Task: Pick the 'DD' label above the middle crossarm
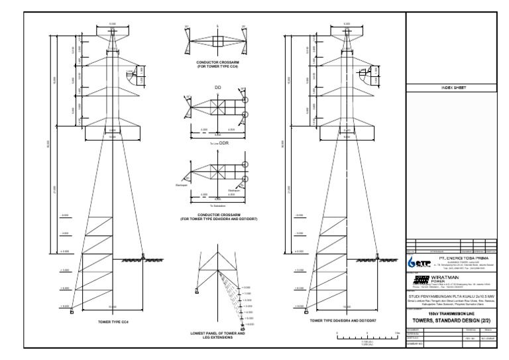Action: point(217,87)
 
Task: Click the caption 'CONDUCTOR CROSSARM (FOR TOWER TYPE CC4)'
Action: point(217,66)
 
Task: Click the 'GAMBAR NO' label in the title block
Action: point(415,343)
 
